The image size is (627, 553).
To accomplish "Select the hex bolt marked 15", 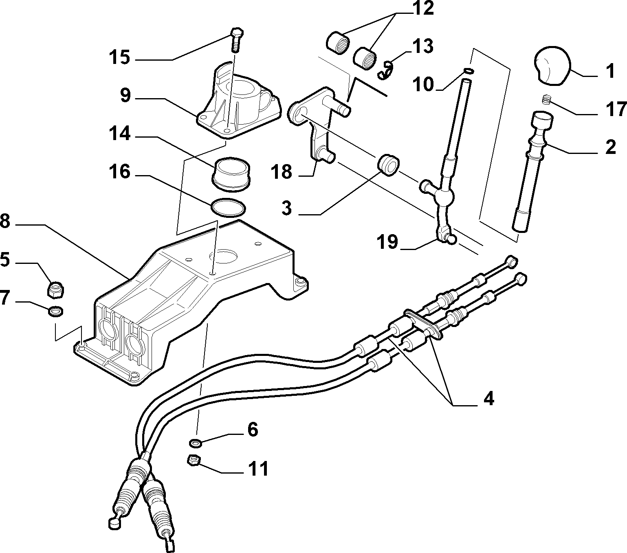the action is click(x=237, y=40).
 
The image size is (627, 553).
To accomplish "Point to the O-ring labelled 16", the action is click(x=228, y=207).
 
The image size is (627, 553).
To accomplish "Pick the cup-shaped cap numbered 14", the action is click(x=231, y=174).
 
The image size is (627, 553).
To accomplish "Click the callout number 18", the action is click(x=281, y=172).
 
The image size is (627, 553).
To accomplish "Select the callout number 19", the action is click(x=387, y=241).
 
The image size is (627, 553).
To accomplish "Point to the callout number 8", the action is click(x=5, y=222).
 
